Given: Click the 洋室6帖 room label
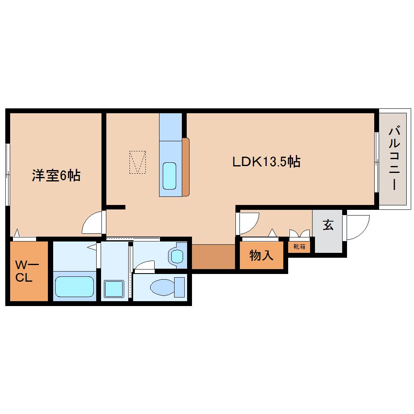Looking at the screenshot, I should [56, 175].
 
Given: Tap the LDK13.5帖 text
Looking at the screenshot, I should [266, 162].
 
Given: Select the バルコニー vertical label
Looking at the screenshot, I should [394, 158].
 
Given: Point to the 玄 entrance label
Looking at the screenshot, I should [328, 226].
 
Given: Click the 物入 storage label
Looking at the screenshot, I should [261, 256].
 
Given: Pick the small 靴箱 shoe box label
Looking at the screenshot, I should [299, 246].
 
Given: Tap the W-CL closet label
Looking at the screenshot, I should [27, 272].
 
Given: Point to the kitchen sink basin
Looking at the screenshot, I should [169, 176].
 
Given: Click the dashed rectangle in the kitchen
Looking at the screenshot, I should [138, 162].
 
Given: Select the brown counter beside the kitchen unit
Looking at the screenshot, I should [186, 167].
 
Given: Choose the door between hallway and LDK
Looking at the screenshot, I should [248, 224].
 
